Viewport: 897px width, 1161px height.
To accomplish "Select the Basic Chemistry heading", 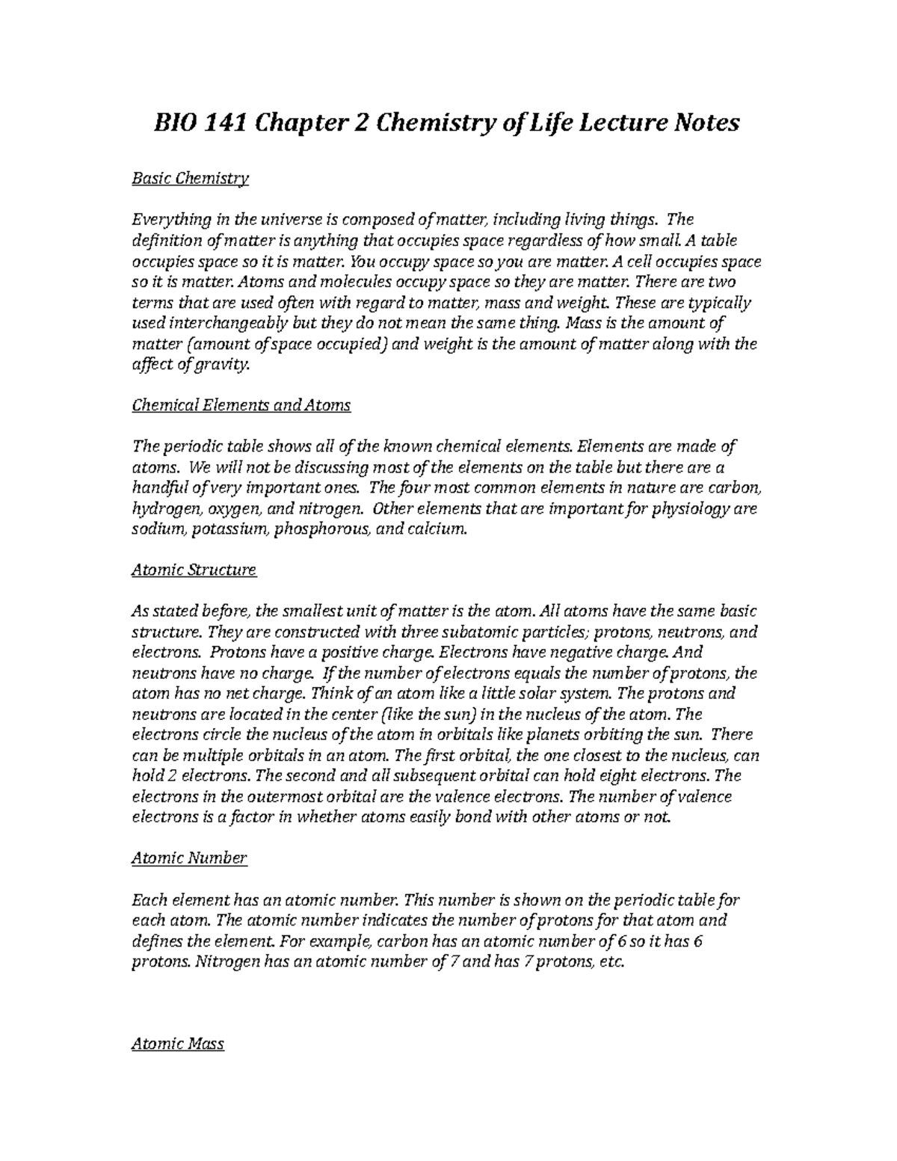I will point(190,179).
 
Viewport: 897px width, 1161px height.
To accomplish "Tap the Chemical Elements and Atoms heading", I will point(241,405).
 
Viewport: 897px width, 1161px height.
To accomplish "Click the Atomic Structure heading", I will point(194,570).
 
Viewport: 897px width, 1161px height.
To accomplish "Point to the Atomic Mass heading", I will point(178,1044).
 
